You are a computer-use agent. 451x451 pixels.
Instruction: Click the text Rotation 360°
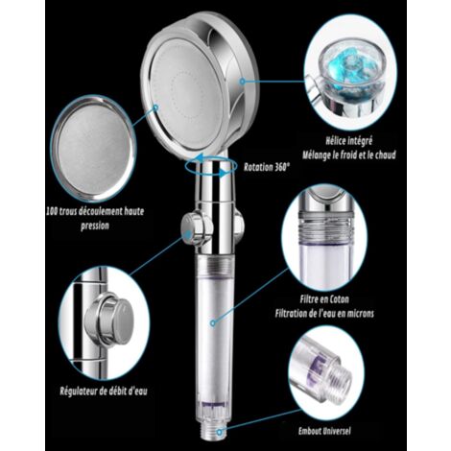[267, 167]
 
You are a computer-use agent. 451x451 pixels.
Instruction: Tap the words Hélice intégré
[349, 140]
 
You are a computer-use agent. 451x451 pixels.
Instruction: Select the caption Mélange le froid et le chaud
[349, 154]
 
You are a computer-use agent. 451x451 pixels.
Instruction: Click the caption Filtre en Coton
[324, 299]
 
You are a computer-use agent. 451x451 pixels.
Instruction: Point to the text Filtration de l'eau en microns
[324, 313]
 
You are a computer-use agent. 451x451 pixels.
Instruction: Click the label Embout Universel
[324, 431]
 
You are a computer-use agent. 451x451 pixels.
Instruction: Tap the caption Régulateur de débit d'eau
[104, 391]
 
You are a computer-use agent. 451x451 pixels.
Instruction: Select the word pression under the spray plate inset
[95, 225]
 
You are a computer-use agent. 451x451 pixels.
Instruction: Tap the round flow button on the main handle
[195, 228]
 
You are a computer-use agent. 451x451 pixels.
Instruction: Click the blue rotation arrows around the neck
[211, 165]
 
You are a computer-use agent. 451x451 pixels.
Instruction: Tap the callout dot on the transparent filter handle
[213, 323]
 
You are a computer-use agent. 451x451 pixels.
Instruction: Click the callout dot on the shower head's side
[243, 82]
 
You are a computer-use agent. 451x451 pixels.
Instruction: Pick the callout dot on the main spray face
[155, 107]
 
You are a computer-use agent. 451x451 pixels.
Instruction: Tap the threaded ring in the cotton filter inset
[324, 226]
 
